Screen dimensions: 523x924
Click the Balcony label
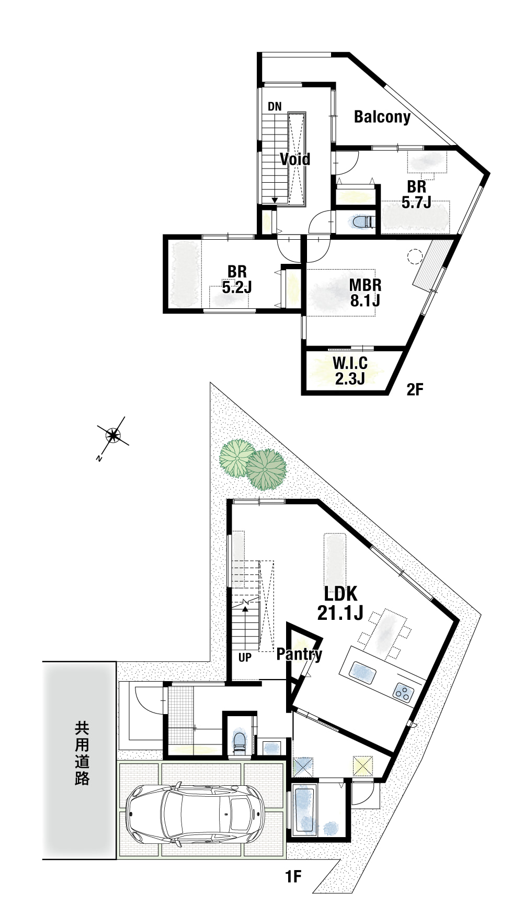(382, 117)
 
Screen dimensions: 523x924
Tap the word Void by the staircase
(295, 159)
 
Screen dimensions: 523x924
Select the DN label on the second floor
(275, 107)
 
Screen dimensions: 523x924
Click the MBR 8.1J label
(365, 293)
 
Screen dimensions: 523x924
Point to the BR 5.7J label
(417, 194)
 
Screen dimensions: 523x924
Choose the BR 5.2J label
(237, 279)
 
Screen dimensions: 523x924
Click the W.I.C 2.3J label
(350, 370)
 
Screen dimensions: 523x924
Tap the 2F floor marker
(414, 389)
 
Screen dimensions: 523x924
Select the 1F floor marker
(293, 876)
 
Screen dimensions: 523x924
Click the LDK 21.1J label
(340, 603)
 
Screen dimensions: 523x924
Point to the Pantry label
(299, 654)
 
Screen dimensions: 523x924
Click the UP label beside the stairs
(245, 658)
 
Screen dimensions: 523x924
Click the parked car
(196, 812)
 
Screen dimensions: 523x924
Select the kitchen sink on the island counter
(362, 673)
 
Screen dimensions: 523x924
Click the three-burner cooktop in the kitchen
(403, 693)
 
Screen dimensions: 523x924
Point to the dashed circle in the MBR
(415, 257)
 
